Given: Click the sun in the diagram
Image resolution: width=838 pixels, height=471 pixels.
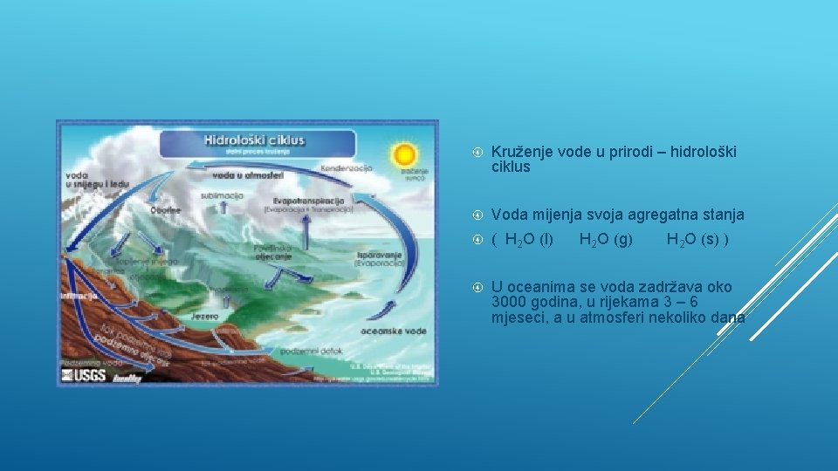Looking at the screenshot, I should click(404, 155).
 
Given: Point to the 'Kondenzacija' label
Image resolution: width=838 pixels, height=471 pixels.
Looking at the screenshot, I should click(347, 167).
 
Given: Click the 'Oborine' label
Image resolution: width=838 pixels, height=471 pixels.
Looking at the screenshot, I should click(165, 209).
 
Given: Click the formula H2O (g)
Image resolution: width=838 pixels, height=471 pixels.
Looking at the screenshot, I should click(606, 239).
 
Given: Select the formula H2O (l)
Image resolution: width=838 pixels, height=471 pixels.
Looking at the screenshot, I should click(529, 239).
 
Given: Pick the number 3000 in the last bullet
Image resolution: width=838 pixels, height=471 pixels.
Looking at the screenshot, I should click(508, 302).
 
